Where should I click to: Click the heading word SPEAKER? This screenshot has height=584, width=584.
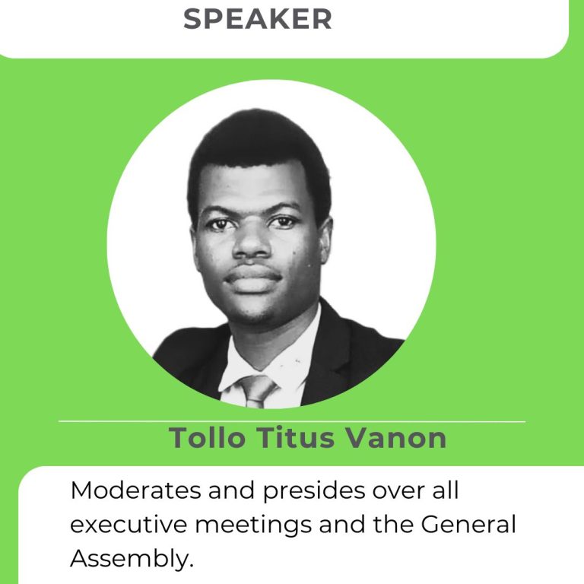257,19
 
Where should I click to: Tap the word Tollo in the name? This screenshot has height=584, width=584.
207,438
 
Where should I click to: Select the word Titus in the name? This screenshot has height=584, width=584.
295,438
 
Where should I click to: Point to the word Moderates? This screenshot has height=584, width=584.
135,490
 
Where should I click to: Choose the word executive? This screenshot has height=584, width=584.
129,525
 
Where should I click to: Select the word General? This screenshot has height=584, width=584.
468,525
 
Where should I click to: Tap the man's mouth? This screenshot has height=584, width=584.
253,277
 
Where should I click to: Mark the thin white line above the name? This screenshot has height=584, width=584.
292,421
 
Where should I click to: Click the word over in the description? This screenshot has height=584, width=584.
398,490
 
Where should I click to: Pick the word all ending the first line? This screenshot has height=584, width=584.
445,490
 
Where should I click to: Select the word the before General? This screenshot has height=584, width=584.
392,525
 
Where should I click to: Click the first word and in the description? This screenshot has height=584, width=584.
232,490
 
